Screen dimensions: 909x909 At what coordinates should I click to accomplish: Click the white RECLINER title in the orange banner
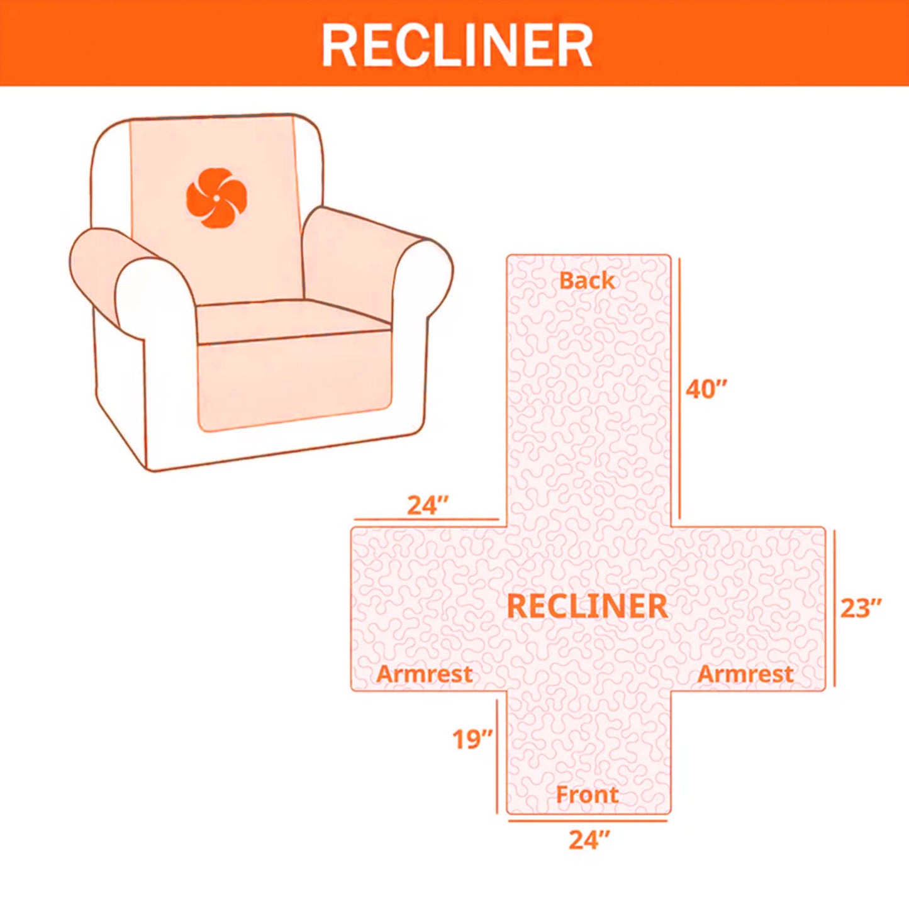point(457,45)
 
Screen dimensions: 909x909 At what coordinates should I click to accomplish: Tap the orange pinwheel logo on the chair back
point(216,198)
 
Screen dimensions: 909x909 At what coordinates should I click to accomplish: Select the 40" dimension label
point(706,389)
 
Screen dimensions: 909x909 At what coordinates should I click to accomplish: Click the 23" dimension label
point(861,608)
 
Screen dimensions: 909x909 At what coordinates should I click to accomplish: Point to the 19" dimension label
point(472,739)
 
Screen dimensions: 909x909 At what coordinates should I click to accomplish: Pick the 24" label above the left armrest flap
point(428,505)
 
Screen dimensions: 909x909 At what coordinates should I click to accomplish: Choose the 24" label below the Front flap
point(589,840)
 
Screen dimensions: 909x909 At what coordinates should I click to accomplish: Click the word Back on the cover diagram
point(586,281)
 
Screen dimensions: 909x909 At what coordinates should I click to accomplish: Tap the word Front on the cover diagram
point(587,795)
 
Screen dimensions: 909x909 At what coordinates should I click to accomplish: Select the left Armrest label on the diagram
point(424,674)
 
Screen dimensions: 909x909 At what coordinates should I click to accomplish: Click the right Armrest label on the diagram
point(745,674)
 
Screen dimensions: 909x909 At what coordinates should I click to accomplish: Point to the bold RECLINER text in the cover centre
point(586,606)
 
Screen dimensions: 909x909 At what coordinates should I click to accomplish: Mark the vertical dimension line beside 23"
point(835,608)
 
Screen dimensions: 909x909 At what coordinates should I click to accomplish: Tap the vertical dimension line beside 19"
point(498,755)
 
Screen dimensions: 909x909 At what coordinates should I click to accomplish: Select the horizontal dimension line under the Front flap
point(588,820)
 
